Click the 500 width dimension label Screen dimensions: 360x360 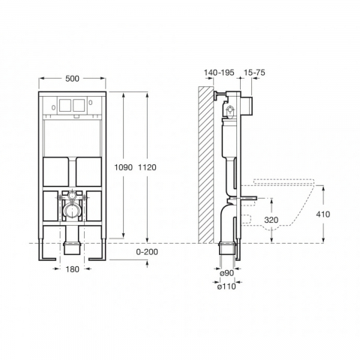tap(72, 79)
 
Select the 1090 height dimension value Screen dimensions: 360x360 tap(123, 167)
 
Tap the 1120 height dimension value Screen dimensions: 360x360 tap(147, 167)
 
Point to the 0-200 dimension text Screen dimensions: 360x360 tap(147, 252)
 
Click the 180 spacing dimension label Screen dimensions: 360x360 tap(72, 269)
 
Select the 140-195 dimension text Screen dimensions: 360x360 tap(219, 73)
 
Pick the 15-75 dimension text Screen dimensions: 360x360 tap(254, 73)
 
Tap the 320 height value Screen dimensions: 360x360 tap(271, 220)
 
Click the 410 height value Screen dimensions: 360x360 tap(323, 214)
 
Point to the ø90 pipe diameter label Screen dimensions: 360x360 tap(226, 273)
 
